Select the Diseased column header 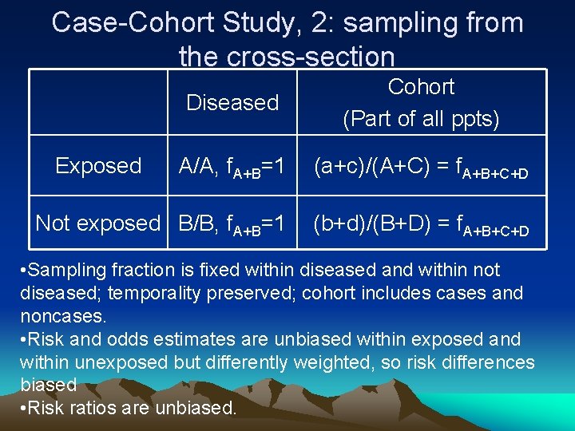[232, 103]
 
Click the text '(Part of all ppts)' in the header [421, 119]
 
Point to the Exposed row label [98, 166]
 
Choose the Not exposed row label [98, 223]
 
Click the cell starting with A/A [232, 167]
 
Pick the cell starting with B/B [232, 224]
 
